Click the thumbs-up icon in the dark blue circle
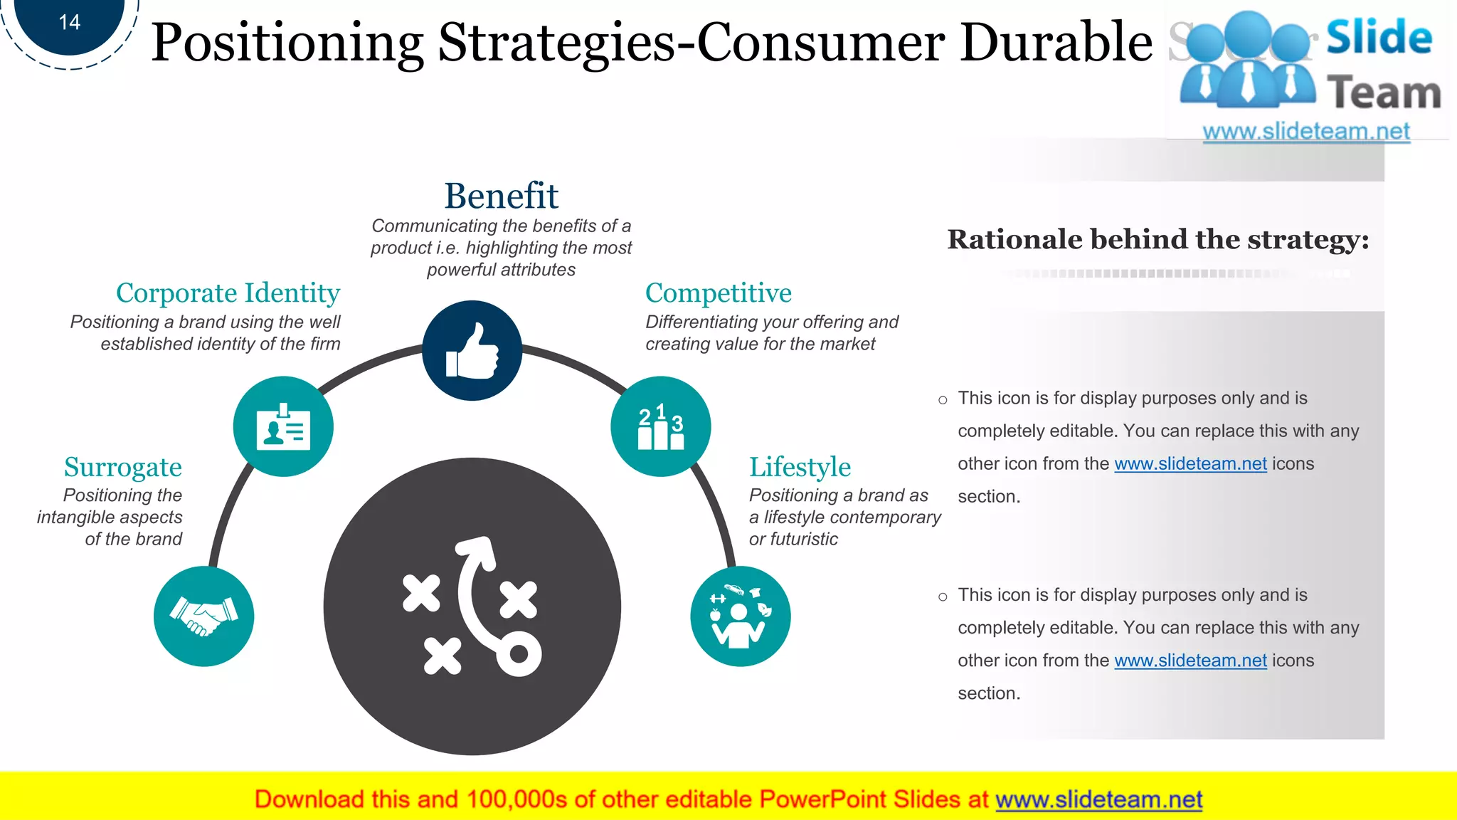(472, 350)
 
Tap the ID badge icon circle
(283, 426)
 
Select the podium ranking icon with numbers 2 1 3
(660, 426)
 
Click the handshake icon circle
(204, 616)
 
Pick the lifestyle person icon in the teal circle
(740, 616)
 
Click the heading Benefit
(501, 196)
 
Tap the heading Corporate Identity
(228, 293)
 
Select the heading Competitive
(718, 293)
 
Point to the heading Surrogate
(123, 467)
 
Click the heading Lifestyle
(800, 467)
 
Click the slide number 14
(70, 23)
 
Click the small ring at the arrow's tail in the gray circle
(519, 653)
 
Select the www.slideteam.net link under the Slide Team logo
(1305, 132)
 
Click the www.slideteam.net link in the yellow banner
(1098, 799)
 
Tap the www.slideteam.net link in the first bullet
(1190, 464)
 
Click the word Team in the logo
(1383, 93)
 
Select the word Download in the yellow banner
(309, 799)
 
